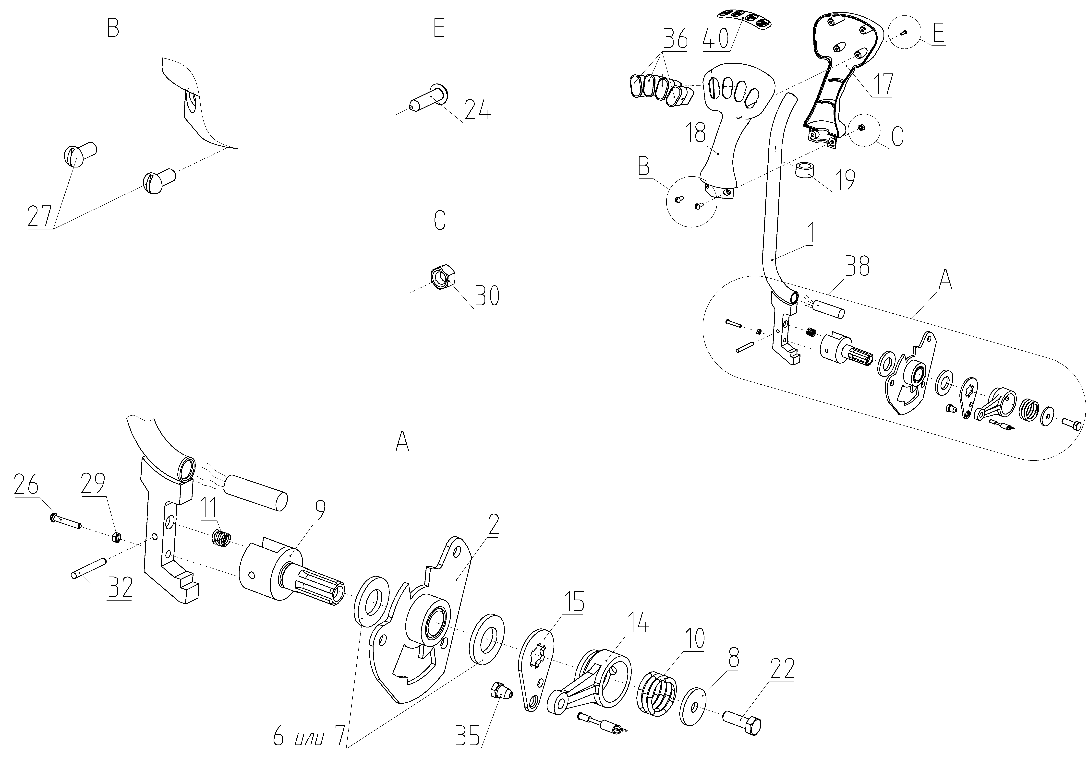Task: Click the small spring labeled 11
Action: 221,539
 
